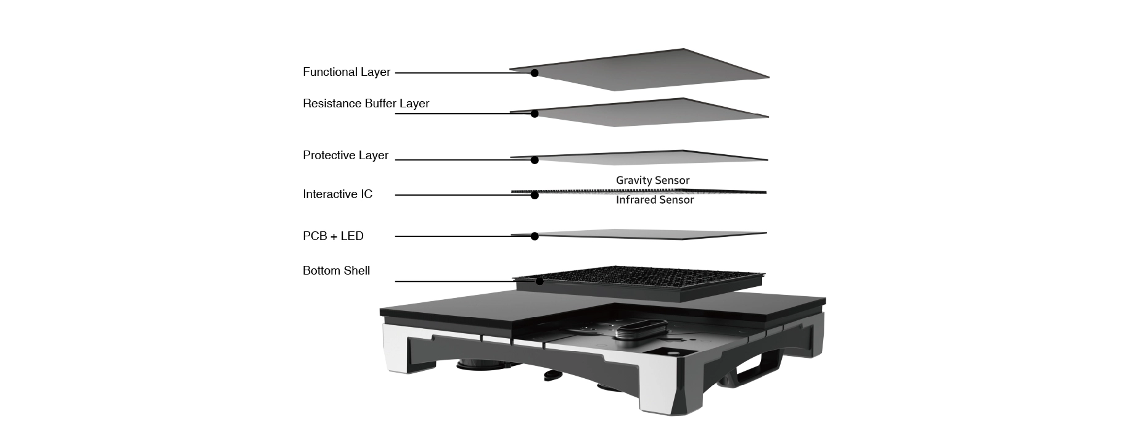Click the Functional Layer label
[x=347, y=72]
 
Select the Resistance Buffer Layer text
[x=366, y=104]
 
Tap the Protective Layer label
[x=345, y=155]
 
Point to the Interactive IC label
[x=337, y=194]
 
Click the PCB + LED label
[x=333, y=236]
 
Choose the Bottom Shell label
[x=336, y=271]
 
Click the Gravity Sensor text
[x=652, y=181]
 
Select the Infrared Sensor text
[x=655, y=200]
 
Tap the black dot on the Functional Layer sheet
[x=535, y=73]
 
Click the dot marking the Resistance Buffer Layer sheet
[x=535, y=114]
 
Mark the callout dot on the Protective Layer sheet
[x=535, y=160]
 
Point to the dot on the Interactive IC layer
[x=535, y=196]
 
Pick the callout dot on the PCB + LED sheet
[x=535, y=236]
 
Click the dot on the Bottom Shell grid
[x=540, y=281]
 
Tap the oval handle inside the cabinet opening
[x=639, y=326]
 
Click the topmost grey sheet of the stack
[x=640, y=70]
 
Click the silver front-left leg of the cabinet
[x=403, y=349]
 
